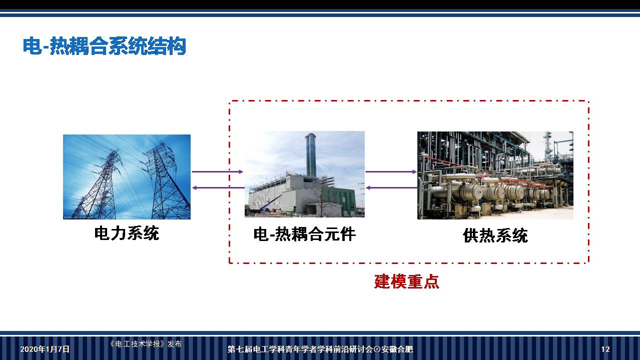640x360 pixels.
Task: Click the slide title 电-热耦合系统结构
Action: (104, 46)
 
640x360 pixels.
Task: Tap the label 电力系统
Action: (127, 233)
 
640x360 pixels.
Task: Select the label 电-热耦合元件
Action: (304, 234)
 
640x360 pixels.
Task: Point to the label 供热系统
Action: (495, 235)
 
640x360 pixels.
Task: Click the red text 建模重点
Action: (406, 281)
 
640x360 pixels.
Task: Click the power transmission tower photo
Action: (127, 176)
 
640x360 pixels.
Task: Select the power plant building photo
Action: (304, 174)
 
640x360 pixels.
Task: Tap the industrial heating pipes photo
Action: (495, 175)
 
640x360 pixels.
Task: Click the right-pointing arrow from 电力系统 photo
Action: (217, 171)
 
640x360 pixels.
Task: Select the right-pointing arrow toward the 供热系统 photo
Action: (391, 171)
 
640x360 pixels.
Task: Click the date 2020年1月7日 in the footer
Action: (45, 349)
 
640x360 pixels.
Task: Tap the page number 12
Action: (605, 349)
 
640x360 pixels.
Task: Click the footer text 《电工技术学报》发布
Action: (145, 344)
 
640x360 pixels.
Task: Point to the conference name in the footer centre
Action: (320, 349)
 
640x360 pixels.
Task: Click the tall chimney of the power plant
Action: (311, 155)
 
